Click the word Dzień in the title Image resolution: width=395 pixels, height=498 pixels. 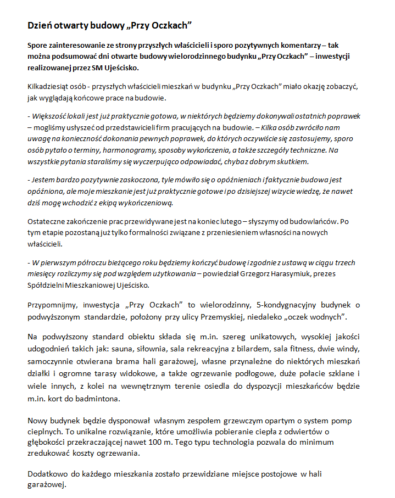coord(41,26)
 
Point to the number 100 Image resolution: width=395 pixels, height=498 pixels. coord(165,441)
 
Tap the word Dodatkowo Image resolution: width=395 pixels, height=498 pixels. coord(48,473)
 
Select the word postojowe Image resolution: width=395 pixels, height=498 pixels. coord(274,473)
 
